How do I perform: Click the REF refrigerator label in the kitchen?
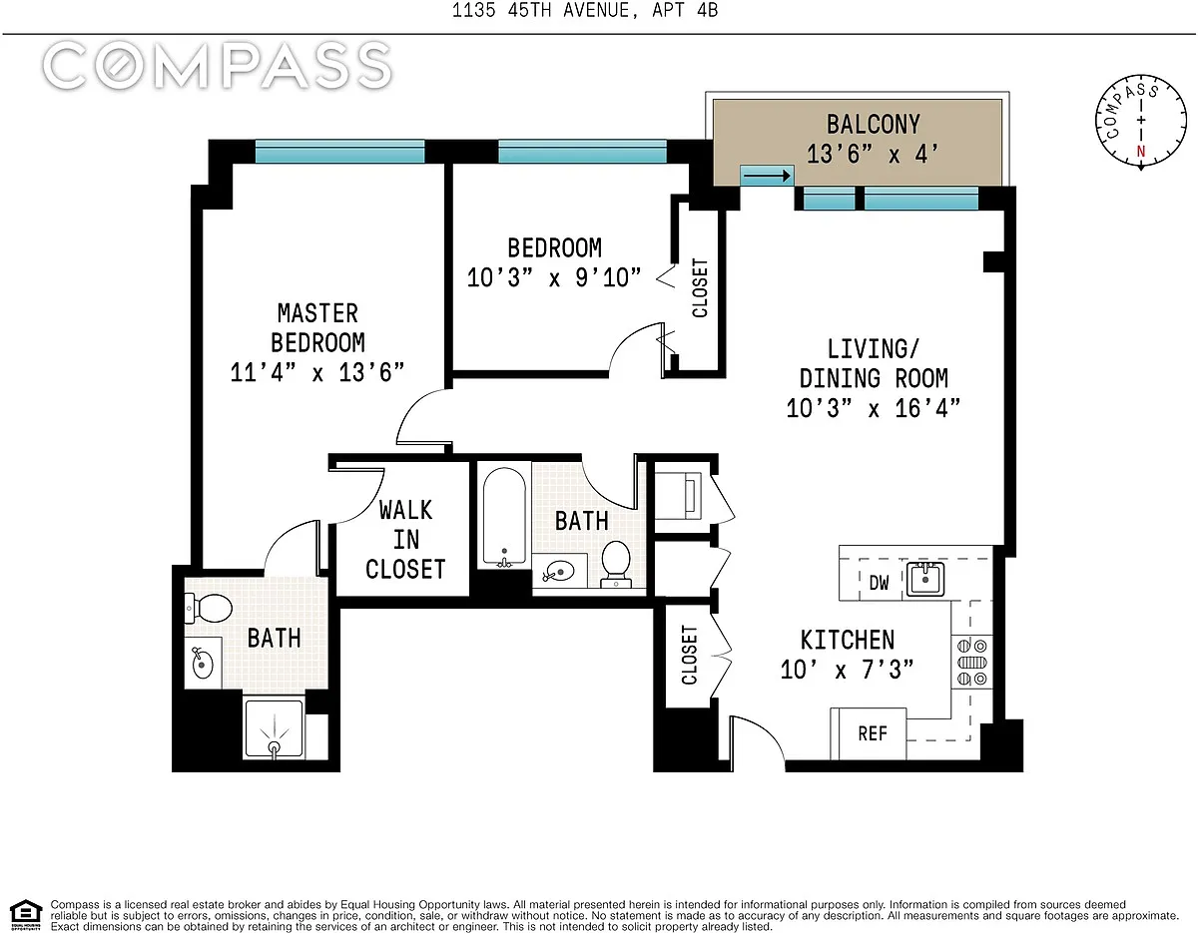(x=873, y=733)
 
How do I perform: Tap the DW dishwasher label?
(x=879, y=583)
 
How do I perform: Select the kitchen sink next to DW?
(x=925, y=579)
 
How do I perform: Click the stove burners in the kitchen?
(x=971, y=662)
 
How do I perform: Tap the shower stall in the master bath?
(x=274, y=728)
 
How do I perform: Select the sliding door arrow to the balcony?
(x=767, y=177)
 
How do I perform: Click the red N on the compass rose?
(x=1141, y=151)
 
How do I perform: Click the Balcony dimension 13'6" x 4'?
(x=873, y=154)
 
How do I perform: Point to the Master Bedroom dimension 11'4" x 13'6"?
(x=317, y=372)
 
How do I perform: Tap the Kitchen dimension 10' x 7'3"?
(x=848, y=670)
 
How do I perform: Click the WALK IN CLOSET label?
(x=405, y=540)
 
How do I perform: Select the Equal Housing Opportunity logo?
(x=26, y=916)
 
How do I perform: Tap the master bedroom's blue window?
(x=340, y=152)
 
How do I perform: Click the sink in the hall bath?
(x=558, y=572)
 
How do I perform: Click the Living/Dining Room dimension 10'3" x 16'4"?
(x=874, y=408)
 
